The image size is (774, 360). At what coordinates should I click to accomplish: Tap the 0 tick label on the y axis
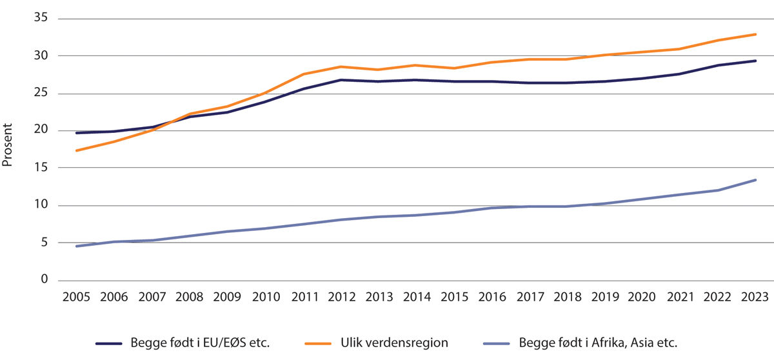(x=44, y=280)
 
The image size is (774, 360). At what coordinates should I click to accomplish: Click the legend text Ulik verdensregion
(x=394, y=343)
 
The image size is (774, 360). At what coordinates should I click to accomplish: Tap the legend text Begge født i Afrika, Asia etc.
(x=599, y=343)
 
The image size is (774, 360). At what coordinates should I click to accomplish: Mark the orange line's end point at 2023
(x=755, y=34)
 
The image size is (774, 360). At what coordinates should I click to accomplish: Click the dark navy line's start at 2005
(x=77, y=133)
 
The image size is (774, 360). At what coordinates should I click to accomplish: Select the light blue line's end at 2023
(x=755, y=180)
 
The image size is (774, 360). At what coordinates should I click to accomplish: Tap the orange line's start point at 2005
(x=77, y=150)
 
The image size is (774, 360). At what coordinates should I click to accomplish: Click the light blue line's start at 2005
(x=77, y=246)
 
